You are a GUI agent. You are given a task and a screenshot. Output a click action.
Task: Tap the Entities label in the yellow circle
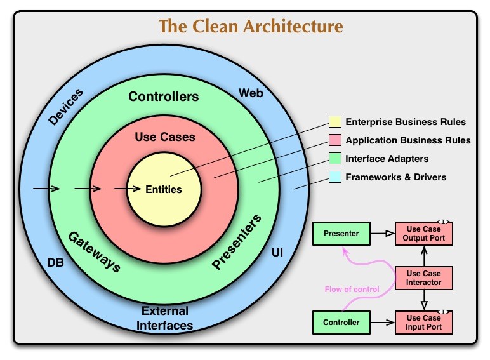(164, 189)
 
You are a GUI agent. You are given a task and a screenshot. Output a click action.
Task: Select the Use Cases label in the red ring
(165, 137)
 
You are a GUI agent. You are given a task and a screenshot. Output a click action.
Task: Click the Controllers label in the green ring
(164, 97)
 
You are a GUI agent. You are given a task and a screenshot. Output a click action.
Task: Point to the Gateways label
(94, 251)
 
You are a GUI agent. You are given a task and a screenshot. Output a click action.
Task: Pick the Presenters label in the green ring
(236, 243)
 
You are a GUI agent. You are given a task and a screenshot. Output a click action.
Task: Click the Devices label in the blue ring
(65, 106)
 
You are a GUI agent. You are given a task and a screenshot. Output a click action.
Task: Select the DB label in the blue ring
(56, 261)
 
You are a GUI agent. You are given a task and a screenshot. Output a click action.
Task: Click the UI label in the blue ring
(277, 253)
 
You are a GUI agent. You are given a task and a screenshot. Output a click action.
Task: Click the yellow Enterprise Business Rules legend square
(334, 122)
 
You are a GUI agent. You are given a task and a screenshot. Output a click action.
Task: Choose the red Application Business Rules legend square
(334, 140)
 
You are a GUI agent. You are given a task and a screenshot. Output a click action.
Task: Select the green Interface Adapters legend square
(334, 159)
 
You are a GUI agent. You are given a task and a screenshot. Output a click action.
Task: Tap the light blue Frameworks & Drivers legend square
(334, 177)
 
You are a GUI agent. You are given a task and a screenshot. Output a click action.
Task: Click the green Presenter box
(341, 234)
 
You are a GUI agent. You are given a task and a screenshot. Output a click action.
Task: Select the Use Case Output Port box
(424, 234)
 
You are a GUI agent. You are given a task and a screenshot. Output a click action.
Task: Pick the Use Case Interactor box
(424, 277)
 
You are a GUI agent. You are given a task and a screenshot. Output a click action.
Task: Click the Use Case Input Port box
(424, 322)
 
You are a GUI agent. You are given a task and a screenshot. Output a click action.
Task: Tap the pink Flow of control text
(352, 290)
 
